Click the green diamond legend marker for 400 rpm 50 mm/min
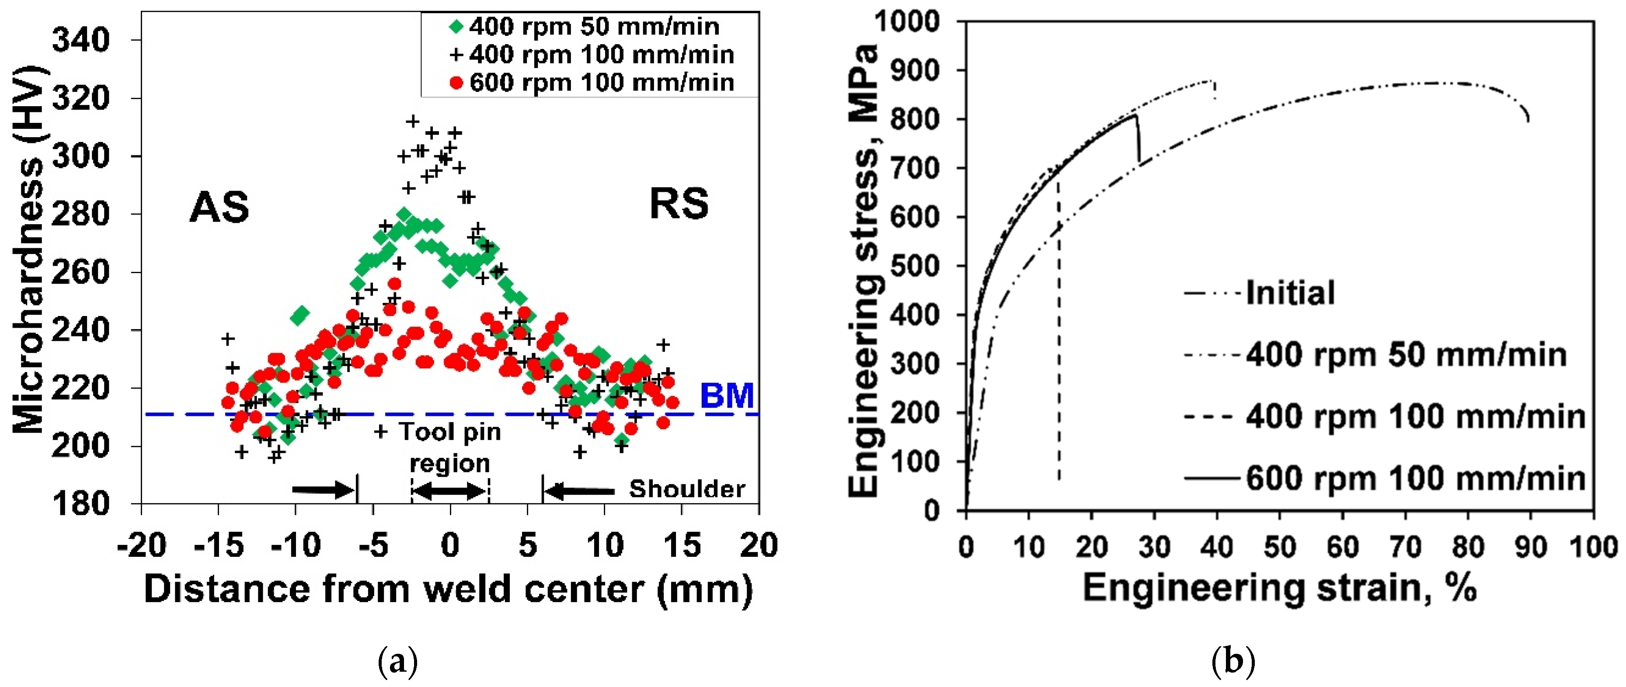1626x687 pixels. (x=456, y=27)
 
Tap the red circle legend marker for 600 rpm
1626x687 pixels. (x=456, y=83)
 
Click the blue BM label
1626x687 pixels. (x=727, y=396)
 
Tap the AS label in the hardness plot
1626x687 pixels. (x=219, y=207)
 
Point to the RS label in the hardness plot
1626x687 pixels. (x=679, y=204)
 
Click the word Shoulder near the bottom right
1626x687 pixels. (x=687, y=489)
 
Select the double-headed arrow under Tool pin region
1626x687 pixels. (x=449, y=491)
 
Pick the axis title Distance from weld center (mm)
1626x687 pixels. (x=448, y=589)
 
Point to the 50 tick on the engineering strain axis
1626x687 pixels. (x=1279, y=546)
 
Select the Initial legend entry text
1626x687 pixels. (x=1290, y=293)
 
